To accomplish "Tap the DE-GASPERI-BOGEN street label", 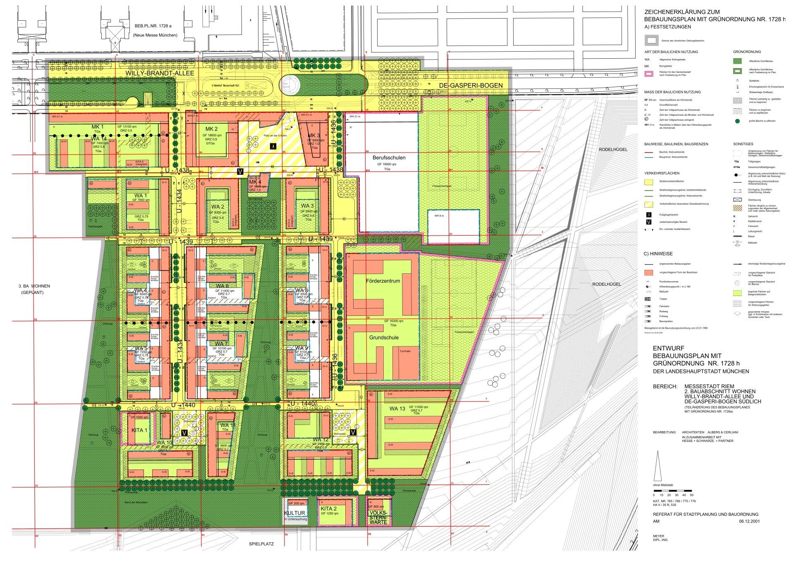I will (x=471, y=86).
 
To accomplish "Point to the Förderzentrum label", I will (x=383, y=281).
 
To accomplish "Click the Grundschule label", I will (x=384, y=338).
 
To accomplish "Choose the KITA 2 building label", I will (x=329, y=508).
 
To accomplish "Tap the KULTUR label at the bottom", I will (x=294, y=513).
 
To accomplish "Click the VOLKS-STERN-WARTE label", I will (x=379, y=517).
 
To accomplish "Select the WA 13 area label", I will (x=397, y=409).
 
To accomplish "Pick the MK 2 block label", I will (x=211, y=129).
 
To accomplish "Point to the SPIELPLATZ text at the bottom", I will (x=261, y=544).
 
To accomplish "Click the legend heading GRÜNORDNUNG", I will (x=747, y=52).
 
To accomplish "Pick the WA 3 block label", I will (x=307, y=206).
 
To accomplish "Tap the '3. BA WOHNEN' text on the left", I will (x=34, y=286).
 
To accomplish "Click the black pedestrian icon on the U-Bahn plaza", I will (x=273, y=146).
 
